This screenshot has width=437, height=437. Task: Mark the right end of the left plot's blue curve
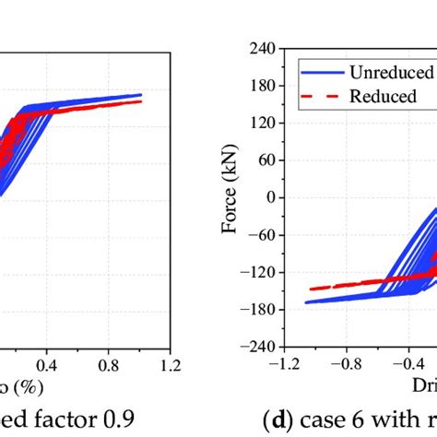141,94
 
